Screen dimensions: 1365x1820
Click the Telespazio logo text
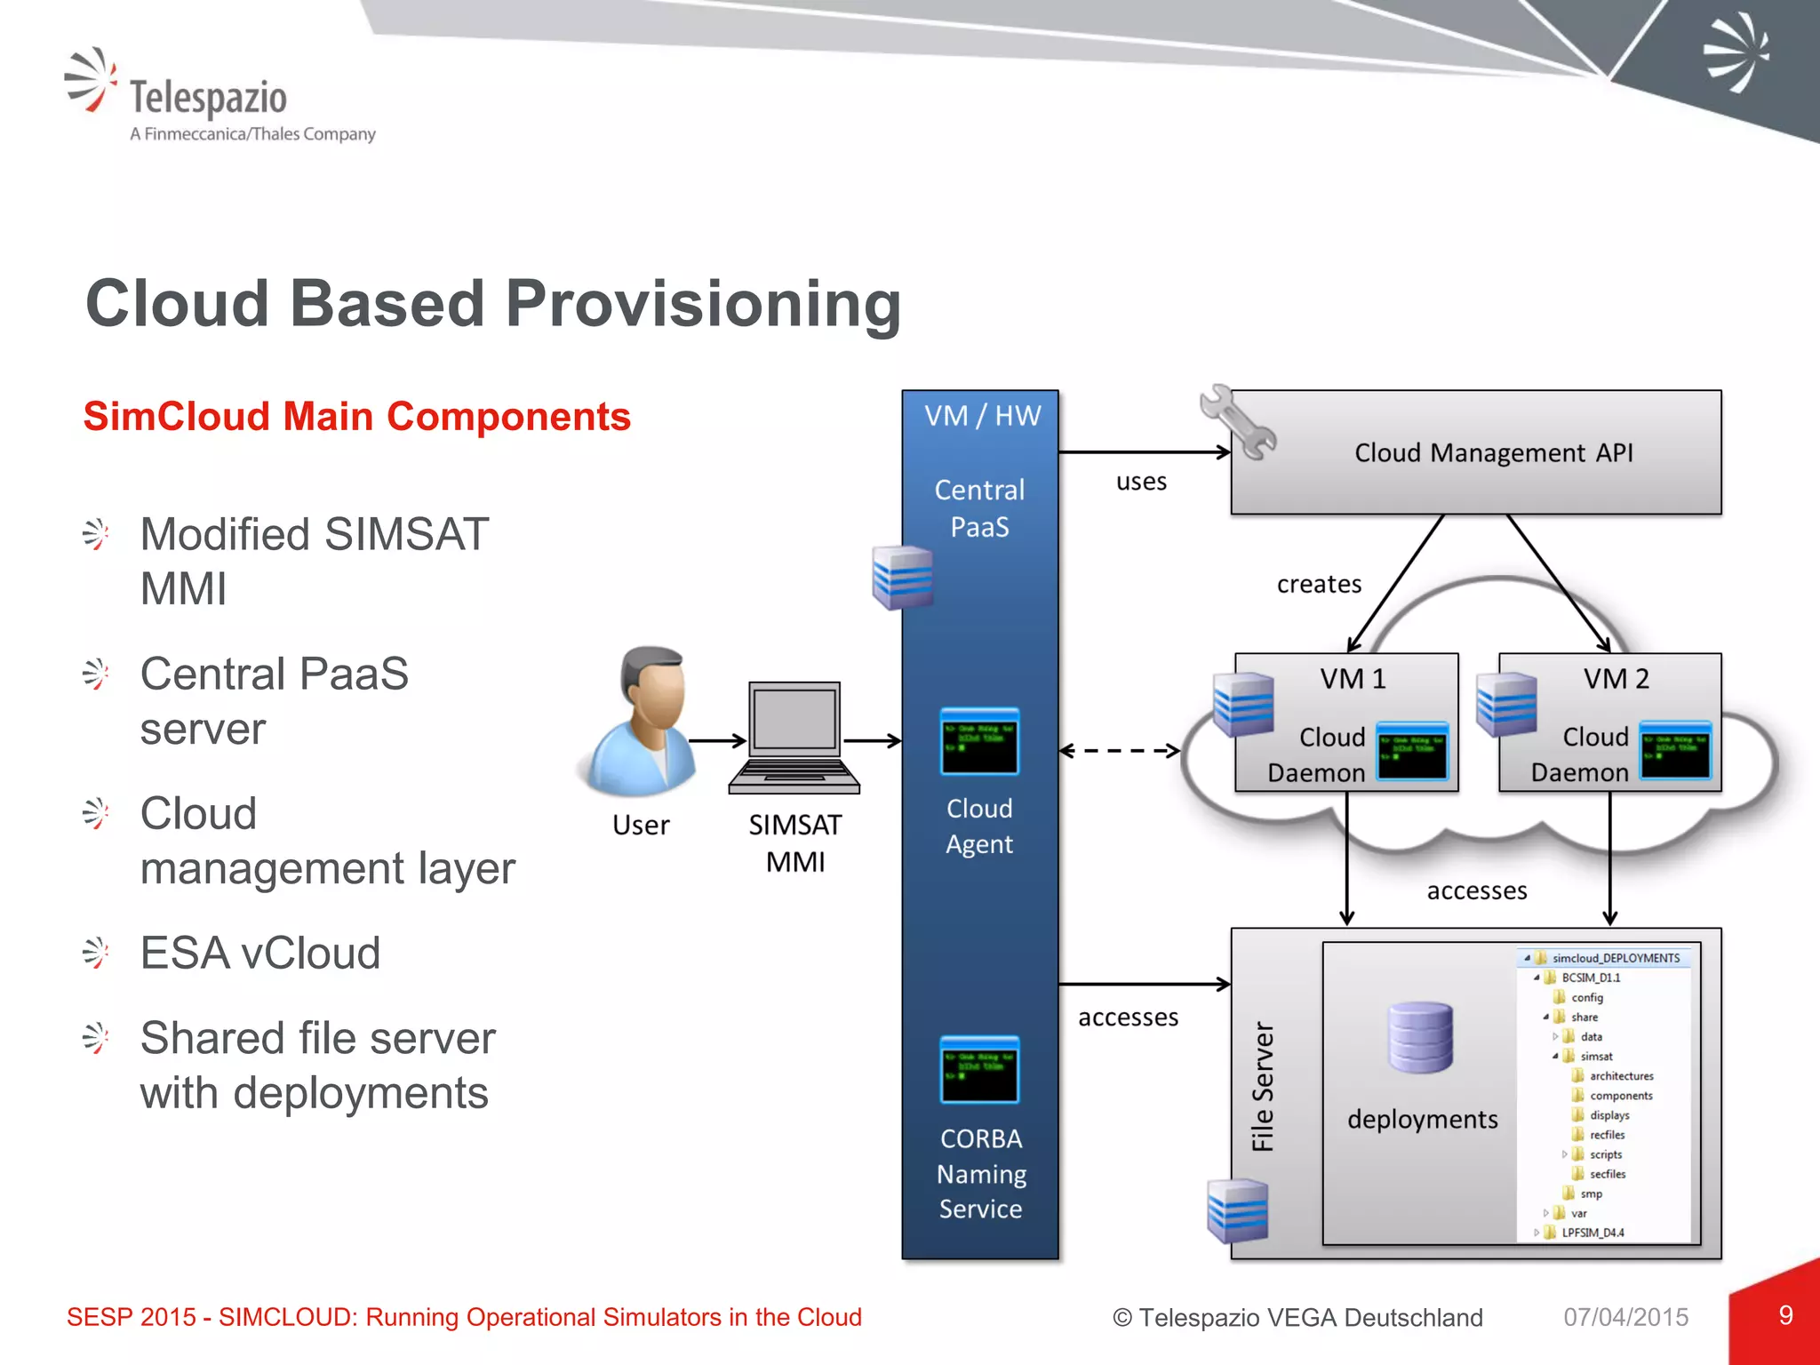point(208,98)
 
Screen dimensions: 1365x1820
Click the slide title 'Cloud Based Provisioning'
point(493,304)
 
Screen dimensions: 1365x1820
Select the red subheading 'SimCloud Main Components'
point(356,417)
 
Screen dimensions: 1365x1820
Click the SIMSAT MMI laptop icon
point(794,738)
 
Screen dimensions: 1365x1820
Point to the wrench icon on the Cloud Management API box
point(1236,422)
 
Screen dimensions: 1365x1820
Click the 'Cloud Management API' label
point(1493,453)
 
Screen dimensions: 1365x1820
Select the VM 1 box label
point(1352,679)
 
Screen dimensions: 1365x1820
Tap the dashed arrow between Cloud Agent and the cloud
point(1120,751)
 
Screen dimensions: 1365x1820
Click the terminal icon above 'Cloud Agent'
point(979,742)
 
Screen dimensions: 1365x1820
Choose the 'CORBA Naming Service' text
point(981,1173)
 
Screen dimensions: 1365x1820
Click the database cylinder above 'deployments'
point(1420,1037)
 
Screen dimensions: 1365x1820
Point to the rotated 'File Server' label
point(1263,1086)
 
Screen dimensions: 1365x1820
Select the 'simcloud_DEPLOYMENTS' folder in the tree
point(1615,958)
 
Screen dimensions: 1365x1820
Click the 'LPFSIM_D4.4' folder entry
point(1592,1233)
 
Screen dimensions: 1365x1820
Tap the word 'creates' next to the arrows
point(1319,585)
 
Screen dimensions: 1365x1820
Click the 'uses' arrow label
point(1141,482)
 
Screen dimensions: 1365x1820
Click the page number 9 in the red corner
point(1785,1315)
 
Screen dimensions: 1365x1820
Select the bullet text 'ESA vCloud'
point(260,954)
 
